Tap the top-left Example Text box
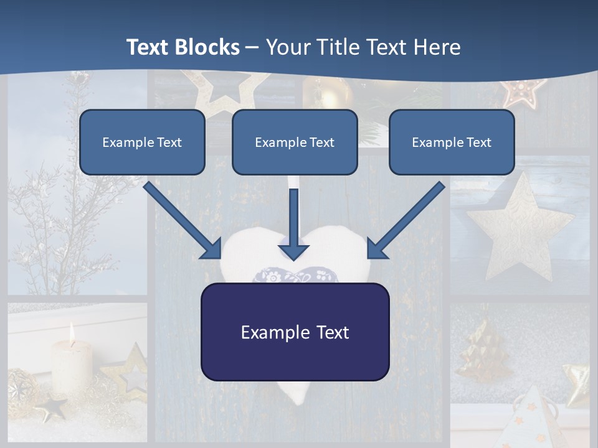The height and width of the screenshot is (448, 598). [x=142, y=142]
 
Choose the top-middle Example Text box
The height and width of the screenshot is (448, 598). [x=295, y=142]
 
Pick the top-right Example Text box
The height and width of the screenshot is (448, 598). [x=452, y=142]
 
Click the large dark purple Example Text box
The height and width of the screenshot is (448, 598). [x=295, y=332]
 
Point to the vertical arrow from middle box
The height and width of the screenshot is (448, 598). [x=294, y=224]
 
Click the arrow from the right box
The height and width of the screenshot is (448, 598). [x=406, y=221]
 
